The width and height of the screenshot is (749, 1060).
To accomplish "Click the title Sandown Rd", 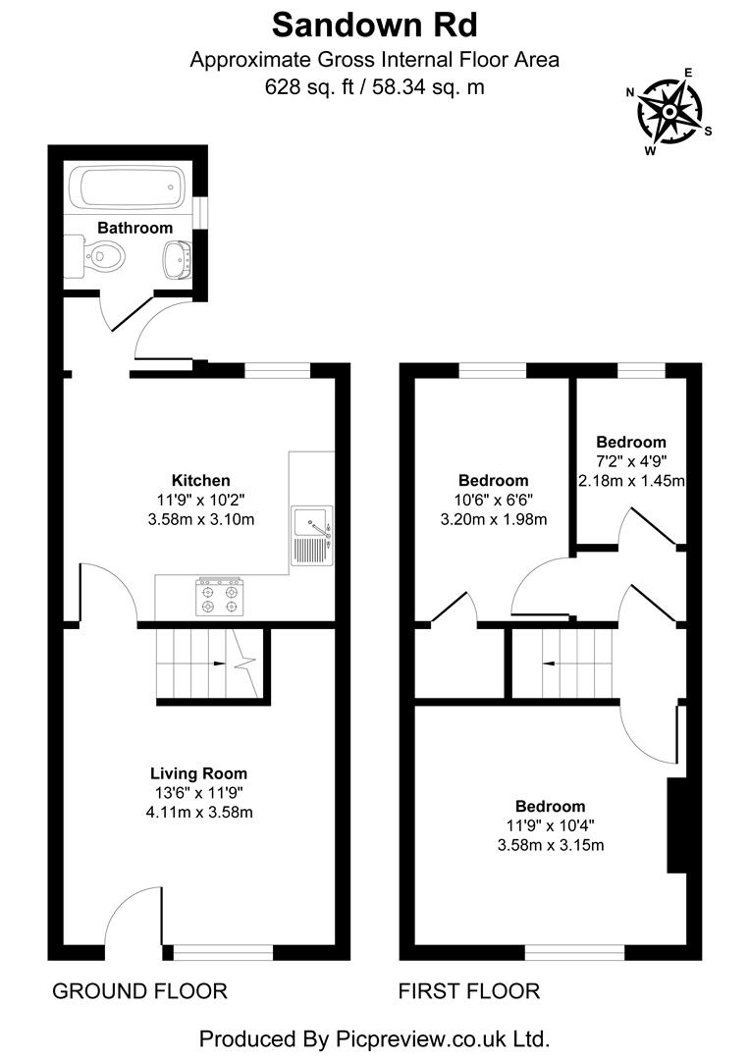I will (x=374, y=24).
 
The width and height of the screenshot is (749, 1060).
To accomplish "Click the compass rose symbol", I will (x=669, y=112).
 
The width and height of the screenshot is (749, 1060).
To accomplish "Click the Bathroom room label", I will (x=134, y=228).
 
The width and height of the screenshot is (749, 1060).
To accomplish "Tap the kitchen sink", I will (x=312, y=536).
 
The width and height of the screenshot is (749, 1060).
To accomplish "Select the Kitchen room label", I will (x=200, y=481).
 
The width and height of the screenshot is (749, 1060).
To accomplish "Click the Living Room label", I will (x=198, y=773).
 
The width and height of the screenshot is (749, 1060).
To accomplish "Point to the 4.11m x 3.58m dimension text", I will (x=198, y=812).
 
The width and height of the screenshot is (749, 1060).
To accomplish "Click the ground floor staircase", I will (x=206, y=663).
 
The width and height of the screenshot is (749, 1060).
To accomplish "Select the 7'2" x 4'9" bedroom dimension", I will (x=631, y=461).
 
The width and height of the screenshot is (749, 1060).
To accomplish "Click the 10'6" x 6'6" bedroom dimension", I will (x=493, y=501).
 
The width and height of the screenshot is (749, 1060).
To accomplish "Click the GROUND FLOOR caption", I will (x=139, y=991).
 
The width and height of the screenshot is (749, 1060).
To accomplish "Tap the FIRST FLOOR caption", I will (x=468, y=991).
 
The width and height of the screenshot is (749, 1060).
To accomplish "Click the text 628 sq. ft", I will (x=309, y=86).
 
